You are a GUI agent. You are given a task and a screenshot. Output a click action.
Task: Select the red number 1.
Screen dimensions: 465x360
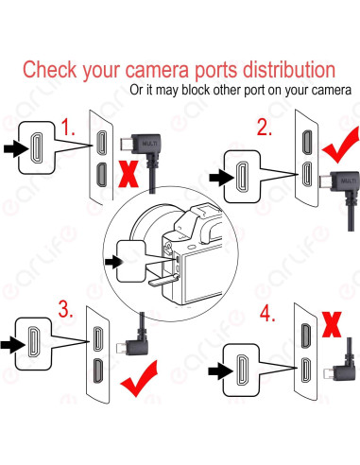tap(68, 128)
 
